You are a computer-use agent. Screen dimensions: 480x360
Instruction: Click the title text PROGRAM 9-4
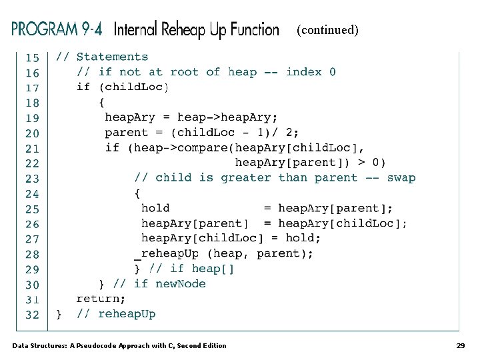[x=58, y=30]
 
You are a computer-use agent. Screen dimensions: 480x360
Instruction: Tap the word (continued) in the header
[x=327, y=30]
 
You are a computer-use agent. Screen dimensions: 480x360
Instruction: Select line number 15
[x=32, y=58]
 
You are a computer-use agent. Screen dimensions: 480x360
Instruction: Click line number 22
[x=32, y=163]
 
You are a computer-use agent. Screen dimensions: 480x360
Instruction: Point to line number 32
[x=32, y=315]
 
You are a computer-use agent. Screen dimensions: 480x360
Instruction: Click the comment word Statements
[x=112, y=57]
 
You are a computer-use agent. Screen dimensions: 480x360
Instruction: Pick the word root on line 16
[x=185, y=72]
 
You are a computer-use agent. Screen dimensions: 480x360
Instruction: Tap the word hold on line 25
[x=155, y=208]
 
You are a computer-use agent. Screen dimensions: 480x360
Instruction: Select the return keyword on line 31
[x=101, y=299]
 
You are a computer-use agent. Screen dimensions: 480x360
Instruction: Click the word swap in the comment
[x=401, y=178]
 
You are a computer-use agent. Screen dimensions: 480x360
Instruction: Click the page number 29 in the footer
[x=460, y=345]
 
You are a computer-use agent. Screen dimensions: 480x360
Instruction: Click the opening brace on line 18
[x=101, y=103]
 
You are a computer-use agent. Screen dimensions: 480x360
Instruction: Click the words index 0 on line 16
[x=311, y=72]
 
